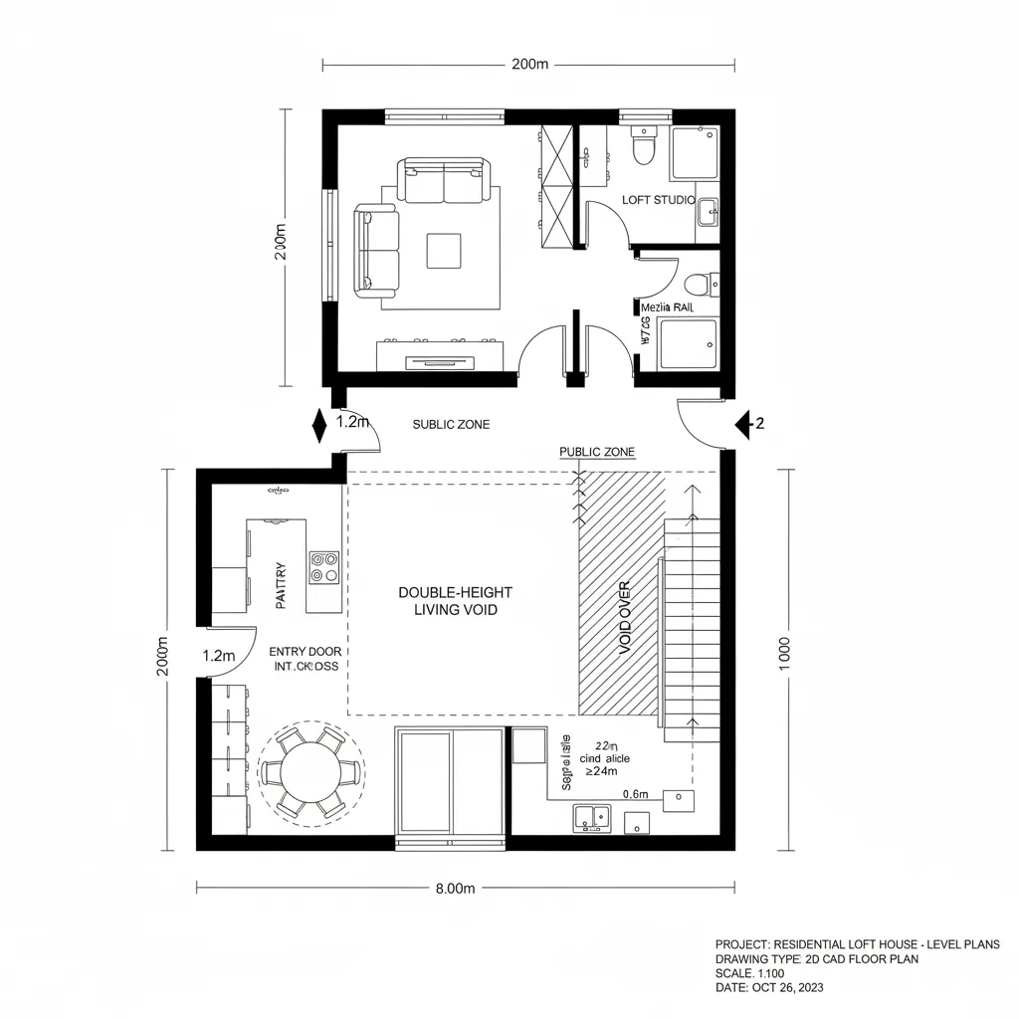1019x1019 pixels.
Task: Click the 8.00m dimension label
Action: pyautogui.click(x=456, y=889)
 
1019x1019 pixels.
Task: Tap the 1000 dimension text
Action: pyautogui.click(x=784, y=654)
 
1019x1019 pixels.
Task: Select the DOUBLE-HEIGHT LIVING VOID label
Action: pyautogui.click(x=455, y=601)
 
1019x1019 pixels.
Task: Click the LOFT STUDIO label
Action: pyautogui.click(x=658, y=200)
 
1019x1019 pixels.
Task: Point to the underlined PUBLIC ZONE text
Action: pyautogui.click(x=597, y=452)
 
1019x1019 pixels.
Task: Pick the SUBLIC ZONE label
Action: pyautogui.click(x=451, y=424)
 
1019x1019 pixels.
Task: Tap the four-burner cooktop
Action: pyautogui.click(x=323, y=567)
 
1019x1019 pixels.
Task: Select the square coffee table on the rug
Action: pyautogui.click(x=444, y=250)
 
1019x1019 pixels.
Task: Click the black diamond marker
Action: pyautogui.click(x=319, y=425)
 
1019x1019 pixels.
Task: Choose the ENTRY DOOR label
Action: pyautogui.click(x=305, y=651)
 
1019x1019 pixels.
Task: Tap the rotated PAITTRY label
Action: pyautogui.click(x=281, y=586)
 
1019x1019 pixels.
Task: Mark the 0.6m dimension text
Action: pyautogui.click(x=635, y=794)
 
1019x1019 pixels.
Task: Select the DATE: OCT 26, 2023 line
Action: pyautogui.click(x=770, y=988)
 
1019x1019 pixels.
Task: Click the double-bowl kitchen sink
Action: pyautogui.click(x=592, y=819)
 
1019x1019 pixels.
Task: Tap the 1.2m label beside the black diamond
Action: pyautogui.click(x=353, y=421)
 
